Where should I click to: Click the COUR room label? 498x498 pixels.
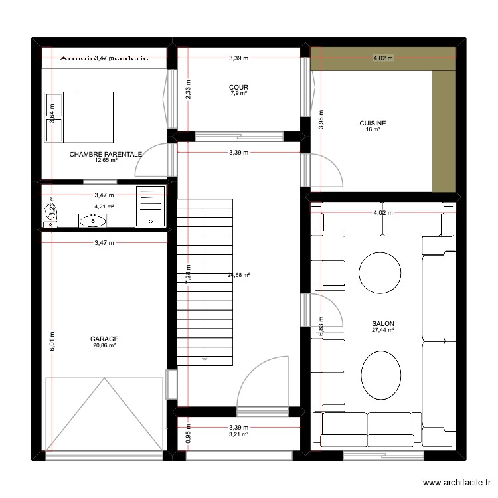point(238,87)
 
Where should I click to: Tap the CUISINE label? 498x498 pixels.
point(373,123)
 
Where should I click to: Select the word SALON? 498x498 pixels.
point(383,323)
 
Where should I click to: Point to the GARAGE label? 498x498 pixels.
point(104,339)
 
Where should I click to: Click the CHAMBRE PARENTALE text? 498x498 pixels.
point(106,154)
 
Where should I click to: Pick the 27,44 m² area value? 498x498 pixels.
point(383,330)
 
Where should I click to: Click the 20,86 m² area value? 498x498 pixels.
point(104,345)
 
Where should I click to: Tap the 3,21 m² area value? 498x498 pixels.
point(238,434)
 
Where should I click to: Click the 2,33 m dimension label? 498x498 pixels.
point(188,90)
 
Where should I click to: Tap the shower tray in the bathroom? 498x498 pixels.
point(151,206)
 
